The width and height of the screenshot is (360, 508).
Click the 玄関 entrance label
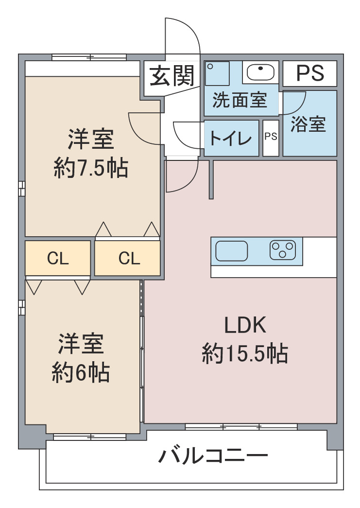point(171,75)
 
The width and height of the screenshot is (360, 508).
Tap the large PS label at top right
point(309,73)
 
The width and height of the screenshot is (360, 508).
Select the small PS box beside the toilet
point(271,137)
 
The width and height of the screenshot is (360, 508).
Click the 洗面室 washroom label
point(240,100)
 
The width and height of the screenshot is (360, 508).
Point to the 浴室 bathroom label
point(309,124)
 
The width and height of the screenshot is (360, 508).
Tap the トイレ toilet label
point(231,138)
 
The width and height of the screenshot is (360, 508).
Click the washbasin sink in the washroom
point(261,72)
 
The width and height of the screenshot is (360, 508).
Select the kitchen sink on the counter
point(231,251)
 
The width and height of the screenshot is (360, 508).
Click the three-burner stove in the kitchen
point(283,251)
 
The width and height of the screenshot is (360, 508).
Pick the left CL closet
point(58,259)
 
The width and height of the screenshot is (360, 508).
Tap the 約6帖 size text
point(81,373)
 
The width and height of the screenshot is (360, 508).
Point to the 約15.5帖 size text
point(245,354)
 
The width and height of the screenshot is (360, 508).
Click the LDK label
point(245,325)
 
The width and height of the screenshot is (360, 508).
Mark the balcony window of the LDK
point(241,427)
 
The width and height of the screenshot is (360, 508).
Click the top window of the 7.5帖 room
point(89,57)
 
